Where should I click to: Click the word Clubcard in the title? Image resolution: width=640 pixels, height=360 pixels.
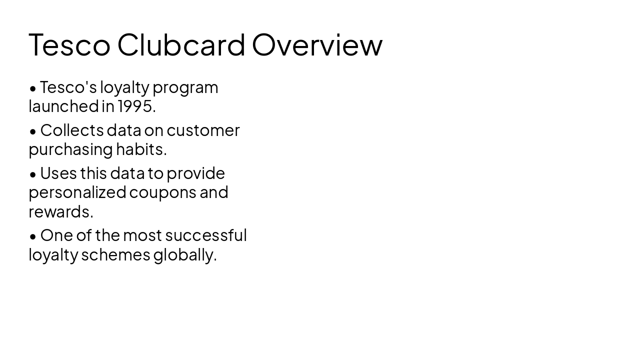point(181,45)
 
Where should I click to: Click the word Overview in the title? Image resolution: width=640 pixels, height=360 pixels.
point(317,45)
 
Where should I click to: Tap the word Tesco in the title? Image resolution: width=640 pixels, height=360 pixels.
point(69,45)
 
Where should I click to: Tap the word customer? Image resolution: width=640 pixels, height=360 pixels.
point(203,130)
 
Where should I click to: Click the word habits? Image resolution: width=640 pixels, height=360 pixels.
point(141,149)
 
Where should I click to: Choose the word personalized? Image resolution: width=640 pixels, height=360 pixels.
point(77,192)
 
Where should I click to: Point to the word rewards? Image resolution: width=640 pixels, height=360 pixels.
point(60,212)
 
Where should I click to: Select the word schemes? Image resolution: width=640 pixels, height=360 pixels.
point(115,254)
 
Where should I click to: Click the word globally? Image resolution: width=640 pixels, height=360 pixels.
point(184,255)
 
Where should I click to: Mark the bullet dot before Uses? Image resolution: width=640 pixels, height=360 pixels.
point(33,174)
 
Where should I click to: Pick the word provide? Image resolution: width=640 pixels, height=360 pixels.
point(195,173)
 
